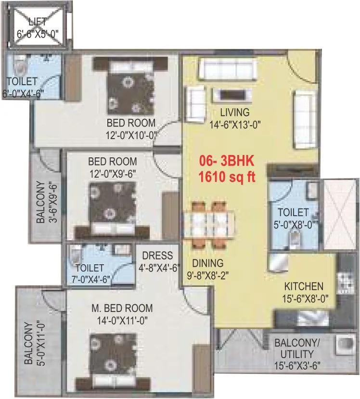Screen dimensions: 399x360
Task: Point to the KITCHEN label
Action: tap(303, 286)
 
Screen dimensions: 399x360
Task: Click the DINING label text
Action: tap(208, 263)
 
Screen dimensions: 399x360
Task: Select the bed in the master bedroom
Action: tap(115, 357)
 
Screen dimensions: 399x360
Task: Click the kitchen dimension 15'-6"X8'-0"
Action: tap(305, 298)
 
